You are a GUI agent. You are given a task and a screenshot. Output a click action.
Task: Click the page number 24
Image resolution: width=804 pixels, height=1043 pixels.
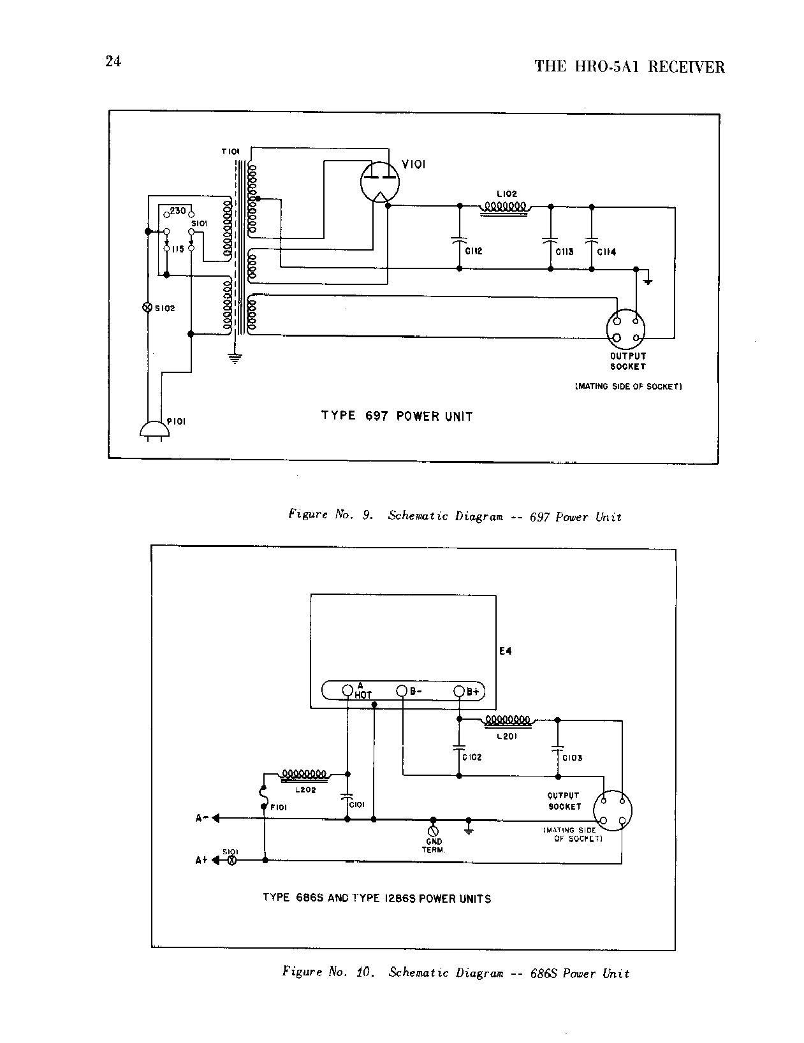(x=113, y=61)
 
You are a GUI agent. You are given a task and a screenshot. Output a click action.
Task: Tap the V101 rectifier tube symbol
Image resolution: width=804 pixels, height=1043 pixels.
(x=380, y=182)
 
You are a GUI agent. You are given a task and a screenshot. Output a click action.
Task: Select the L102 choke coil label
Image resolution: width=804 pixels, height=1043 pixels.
(x=506, y=194)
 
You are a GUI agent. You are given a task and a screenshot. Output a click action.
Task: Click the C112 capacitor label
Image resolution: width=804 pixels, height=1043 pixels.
(x=474, y=251)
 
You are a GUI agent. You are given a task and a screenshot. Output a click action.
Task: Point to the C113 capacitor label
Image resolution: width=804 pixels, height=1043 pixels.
(x=564, y=252)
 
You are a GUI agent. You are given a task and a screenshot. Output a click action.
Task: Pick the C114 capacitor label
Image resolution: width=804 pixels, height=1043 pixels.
(x=606, y=252)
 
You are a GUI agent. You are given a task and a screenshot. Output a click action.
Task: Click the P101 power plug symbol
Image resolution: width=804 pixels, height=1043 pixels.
(x=154, y=430)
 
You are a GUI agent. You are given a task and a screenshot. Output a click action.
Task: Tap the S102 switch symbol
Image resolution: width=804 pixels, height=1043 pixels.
(x=146, y=308)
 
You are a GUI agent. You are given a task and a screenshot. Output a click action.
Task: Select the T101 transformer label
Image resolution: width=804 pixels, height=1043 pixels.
(x=230, y=152)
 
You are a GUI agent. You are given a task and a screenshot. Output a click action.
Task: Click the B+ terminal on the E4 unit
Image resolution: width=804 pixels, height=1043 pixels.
(x=460, y=690)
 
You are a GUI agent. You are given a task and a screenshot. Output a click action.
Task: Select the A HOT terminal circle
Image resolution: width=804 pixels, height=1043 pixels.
(x=347, y=690)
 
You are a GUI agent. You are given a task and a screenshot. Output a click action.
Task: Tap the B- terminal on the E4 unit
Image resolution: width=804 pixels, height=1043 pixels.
(x=402, y=690)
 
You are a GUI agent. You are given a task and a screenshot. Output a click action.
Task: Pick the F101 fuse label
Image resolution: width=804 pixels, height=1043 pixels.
(x=279, y=807)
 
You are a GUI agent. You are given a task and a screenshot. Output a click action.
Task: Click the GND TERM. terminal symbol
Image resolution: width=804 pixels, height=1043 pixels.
(x=434, y=831)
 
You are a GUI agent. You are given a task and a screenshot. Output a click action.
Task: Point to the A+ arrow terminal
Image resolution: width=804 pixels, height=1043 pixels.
(x=216, y=860)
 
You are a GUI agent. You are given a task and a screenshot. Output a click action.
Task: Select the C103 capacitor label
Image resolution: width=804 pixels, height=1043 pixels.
(x=572, y=758)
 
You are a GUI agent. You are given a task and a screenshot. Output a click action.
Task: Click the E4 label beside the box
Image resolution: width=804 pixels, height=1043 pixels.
(x=505, y=651)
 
